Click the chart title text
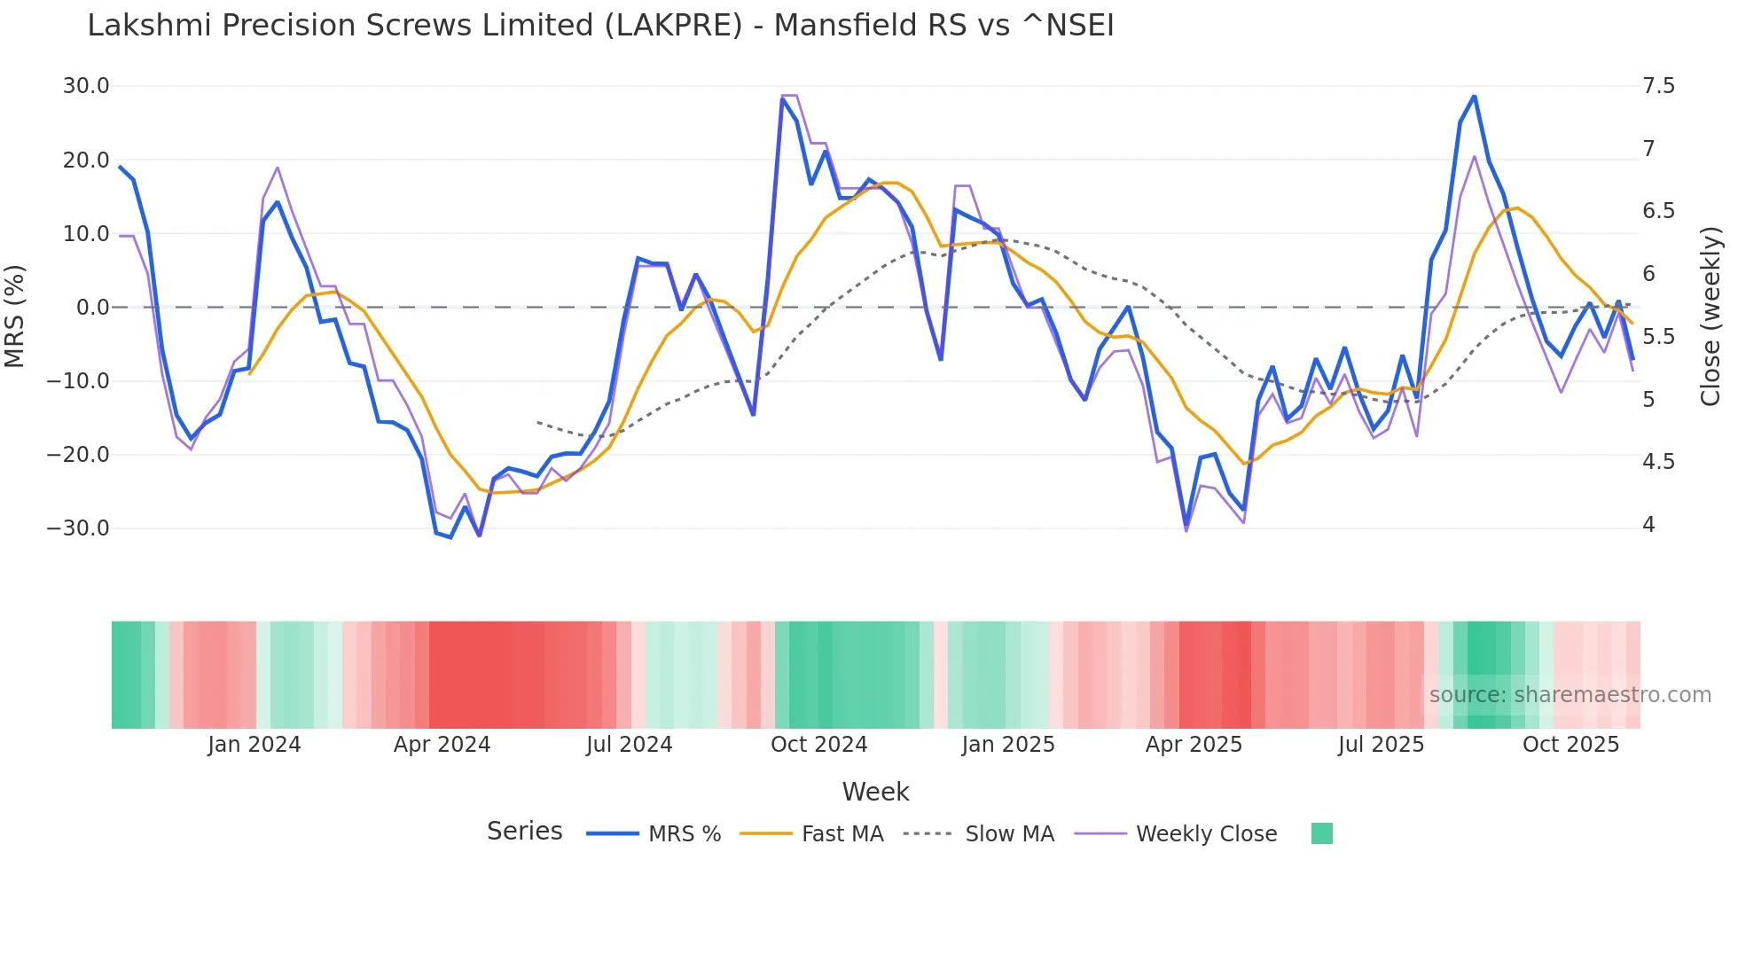[x=600, y=26]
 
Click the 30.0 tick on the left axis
[x=86, y=86]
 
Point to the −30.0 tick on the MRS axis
[x=78, y=528]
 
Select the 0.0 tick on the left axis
[x=93, y=308]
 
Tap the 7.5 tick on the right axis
[x=1658, y=86]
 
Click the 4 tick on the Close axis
[x=1648, y=525]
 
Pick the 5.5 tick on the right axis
[x=1658, y=337]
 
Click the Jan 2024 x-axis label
[x=254, y=745]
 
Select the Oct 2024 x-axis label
[x=818, y=745]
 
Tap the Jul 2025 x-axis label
[x=1381, y=745]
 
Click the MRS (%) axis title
[x=15, y=316]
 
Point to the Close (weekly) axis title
[x=1711, y=317]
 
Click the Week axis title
[x=875, y=792]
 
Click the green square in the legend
[x=1321, y=833]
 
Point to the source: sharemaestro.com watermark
[x=1570, y=695]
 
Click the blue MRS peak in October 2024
[x=782, y=98]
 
